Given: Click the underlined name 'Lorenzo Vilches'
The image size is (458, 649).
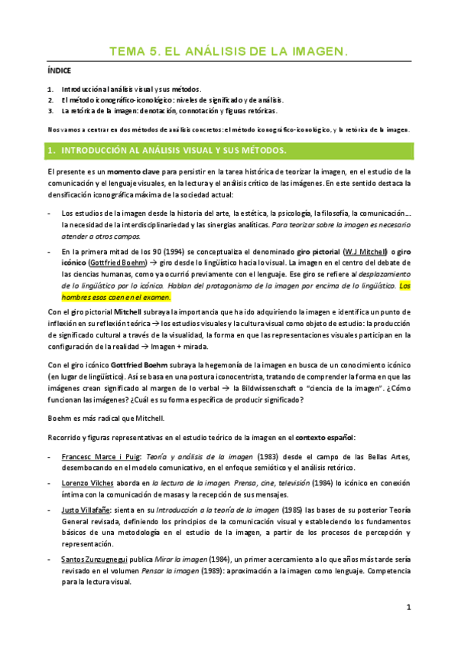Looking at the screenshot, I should [89, 484].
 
